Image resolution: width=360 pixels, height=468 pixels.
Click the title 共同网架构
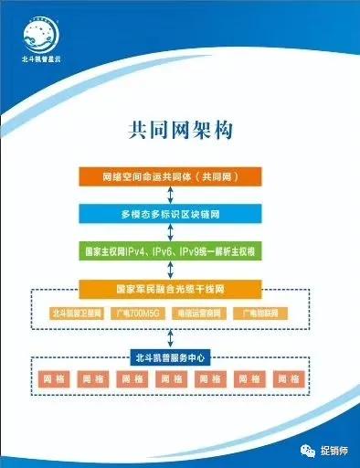[180, 130]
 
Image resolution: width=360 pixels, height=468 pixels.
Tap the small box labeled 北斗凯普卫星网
[76, 314]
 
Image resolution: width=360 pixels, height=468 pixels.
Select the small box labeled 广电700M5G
[137, 314]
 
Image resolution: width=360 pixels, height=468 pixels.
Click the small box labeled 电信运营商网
[198, 314]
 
